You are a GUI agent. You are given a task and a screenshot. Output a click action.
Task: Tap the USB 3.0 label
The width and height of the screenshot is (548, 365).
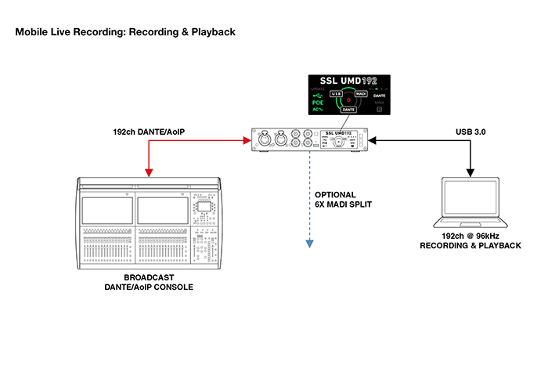click(x=470, y=133)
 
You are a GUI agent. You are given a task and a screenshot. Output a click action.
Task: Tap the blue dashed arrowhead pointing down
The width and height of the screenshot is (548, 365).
click(x=310, y=244)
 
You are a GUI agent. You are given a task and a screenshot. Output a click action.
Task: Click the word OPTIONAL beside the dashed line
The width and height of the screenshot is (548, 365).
click(x=335, y=195)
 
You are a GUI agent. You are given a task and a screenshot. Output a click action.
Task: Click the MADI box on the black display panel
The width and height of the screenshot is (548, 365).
click(x=361, y=93)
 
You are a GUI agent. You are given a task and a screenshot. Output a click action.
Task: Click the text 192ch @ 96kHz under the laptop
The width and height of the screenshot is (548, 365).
click(x=470, y=236)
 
